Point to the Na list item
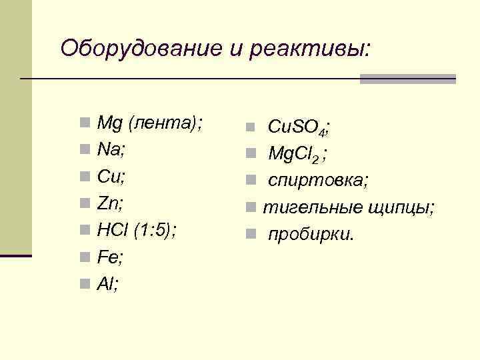tap(111, 150)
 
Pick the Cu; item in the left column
tap(111, 177)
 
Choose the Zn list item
tap(110, 203)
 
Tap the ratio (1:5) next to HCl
tap(155, 231)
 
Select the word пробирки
tap(311, 235)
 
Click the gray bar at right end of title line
tap(407, 79)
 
